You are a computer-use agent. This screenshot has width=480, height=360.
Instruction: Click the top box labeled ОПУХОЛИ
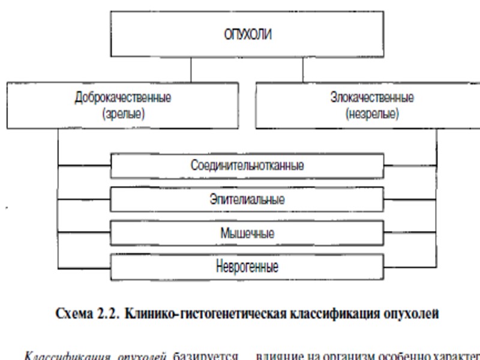coord(247,34)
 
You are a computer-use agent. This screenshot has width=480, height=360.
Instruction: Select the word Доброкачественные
coord(123,97)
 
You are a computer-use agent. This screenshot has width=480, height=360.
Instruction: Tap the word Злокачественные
coord(372,97)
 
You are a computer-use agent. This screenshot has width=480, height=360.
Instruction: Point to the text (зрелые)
coord(124,114)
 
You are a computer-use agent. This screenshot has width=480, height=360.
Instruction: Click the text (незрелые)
coord(372,114)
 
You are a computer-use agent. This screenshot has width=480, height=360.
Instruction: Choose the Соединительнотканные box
coord(247,166)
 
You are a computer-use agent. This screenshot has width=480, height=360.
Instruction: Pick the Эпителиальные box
coord(247,199)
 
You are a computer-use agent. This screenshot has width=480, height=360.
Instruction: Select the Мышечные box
coord(247,233)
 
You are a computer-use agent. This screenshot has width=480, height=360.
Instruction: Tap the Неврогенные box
coord(247,266)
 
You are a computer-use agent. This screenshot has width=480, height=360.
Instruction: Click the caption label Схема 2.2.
coord(88,314)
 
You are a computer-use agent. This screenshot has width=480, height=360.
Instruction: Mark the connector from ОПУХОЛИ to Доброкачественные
coord(191,70)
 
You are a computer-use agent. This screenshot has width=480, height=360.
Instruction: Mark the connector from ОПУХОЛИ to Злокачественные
coord(302,70)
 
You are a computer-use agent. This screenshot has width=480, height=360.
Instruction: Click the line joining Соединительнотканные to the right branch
coord(410,166)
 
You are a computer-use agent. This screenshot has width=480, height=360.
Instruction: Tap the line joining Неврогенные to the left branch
coord(85,266)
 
